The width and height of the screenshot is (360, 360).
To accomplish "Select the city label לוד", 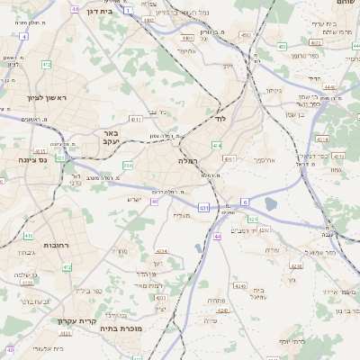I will [x=220, y=118].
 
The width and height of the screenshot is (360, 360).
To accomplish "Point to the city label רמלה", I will [x=188, y=160].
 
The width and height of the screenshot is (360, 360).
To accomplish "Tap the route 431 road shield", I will [x=204, y=208].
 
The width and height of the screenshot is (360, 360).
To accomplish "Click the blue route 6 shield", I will [x=244, y=202].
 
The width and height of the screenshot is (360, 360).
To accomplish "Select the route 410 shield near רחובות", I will [x=29, y=236].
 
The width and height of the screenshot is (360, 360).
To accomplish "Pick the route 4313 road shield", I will [x=135, y=118].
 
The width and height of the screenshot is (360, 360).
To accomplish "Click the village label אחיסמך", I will [x=263, y=159].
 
